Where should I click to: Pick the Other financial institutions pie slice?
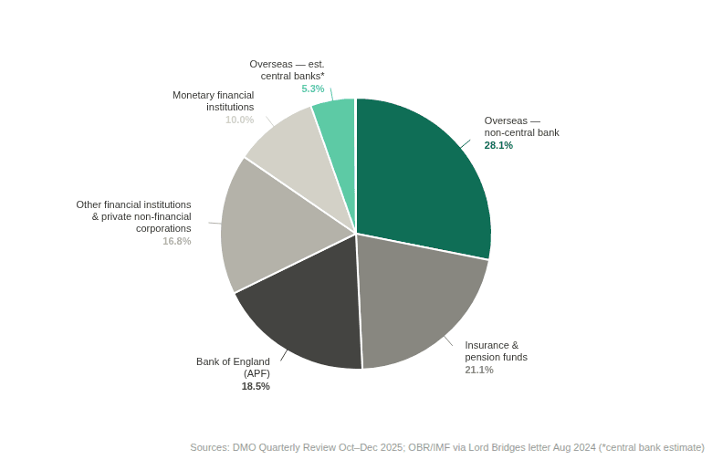tap(272, 227)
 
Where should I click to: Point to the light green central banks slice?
tap(339, 136)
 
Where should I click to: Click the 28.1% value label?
tap(498, 145)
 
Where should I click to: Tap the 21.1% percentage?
tap(479, 370)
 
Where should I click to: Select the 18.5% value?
tap(256, 386)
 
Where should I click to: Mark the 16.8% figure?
tap(177, 241)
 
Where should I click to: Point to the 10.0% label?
tap(240, 120)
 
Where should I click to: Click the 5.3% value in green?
tap(313, 89)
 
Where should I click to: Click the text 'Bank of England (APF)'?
tap(233, 368)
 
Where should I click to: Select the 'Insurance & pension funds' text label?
tap(496, 351)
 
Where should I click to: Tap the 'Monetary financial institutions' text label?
tap(213, 100)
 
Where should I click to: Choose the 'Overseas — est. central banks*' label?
tap(287, 70)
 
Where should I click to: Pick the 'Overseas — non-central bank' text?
tap(522, 127)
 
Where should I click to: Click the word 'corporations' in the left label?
tap(163, 228)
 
